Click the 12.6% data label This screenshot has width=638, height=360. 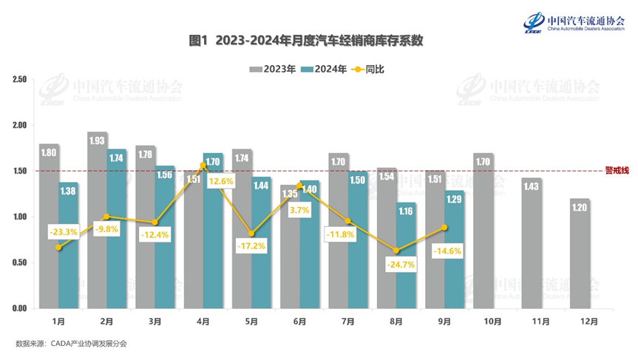(221, 180)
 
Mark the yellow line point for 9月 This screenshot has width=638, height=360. (444, 228)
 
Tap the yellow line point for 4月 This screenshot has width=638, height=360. (203, 165)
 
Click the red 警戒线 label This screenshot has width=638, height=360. (617, 171)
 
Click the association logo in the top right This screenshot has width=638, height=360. (577, 23)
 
